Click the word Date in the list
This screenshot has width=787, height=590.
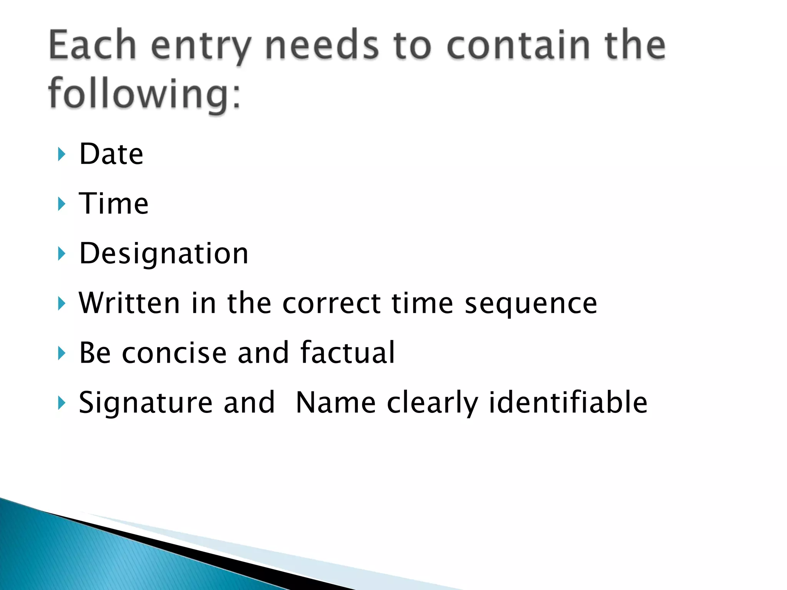click(x=111, y=154)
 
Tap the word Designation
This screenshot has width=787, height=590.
click(x=164, y=254)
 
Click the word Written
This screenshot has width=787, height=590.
click(x=129, y=303)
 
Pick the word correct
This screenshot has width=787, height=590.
click(x=332, y=303)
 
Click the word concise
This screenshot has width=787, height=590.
click(x=174, y=353)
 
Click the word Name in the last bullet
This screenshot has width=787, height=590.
click(x=336, y=403)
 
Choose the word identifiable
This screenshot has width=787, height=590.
click(x=568, y=403)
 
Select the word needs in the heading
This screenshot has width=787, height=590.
click(x=322, y=46)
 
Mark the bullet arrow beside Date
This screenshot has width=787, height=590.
click(x=61, y=154)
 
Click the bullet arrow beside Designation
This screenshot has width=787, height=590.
click(x=61, y=254)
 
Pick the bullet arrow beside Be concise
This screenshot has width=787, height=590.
click(x=61, y=353)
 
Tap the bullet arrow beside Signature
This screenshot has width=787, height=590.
click(x=61, y=403)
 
